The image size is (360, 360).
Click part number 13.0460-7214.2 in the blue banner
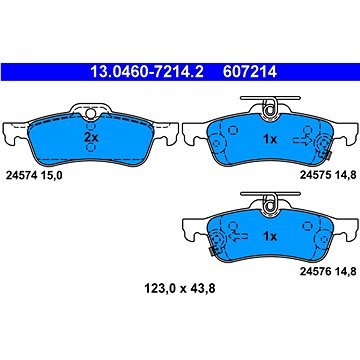(x=147, y=71)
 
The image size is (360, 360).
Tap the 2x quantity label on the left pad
(x=91, y=137)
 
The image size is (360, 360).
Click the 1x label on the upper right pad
(x=270, y=140)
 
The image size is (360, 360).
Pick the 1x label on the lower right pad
(x=270, y=236)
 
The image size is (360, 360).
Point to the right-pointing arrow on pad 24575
(x=302, y=141)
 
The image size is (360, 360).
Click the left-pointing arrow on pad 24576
(x=238, y=237)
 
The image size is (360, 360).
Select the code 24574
(x=21, y=176)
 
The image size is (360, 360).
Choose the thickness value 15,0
(x=51, y=176)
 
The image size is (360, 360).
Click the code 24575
(x=315, y=175)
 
